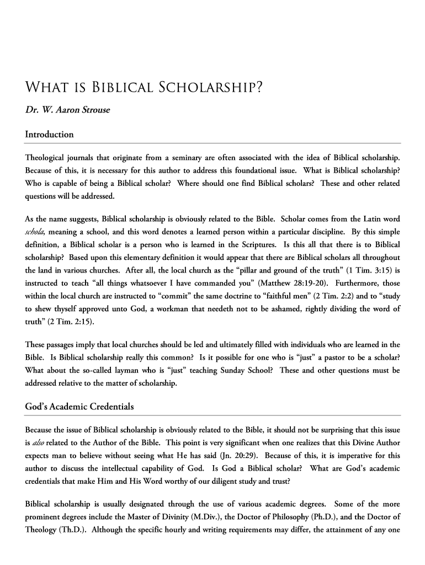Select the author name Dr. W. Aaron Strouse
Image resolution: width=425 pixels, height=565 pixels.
point(68,110)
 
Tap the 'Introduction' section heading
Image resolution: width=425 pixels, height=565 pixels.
point(50,134)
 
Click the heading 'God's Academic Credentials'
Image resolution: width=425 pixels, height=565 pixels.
point(79,407)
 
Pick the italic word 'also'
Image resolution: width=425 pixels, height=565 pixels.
point(39,443)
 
